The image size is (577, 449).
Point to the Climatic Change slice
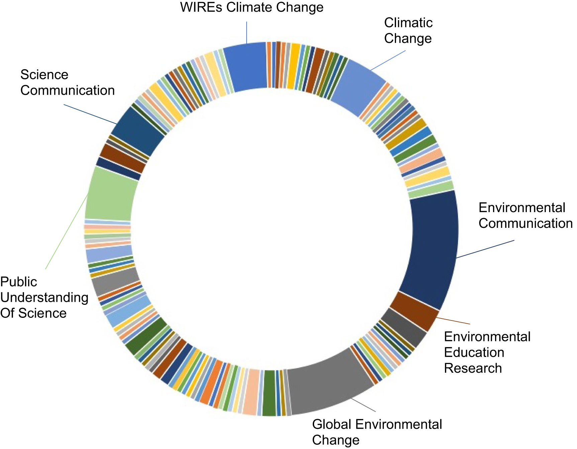click(x=358, y=89)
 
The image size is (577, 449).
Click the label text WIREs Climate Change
click(x=252, y=7)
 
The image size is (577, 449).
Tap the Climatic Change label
click(x=408, y=30)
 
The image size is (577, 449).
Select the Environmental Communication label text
click(x=525, y=215)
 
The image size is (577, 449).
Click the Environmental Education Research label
click(x=487, y=352)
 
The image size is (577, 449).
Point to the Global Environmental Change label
click(x=377, y=432)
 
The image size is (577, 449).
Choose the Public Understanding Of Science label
click(x=44, y=297)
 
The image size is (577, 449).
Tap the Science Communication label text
click(x=67, y=82)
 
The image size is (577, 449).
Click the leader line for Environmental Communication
click(x=485, y=249)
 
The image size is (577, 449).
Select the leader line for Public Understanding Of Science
click(x=67, y=231)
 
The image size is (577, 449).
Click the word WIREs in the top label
click(x=201, y=7)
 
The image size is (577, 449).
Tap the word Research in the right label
click(x=473, y=368)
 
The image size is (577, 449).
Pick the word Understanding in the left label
click(x=44, y=297)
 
